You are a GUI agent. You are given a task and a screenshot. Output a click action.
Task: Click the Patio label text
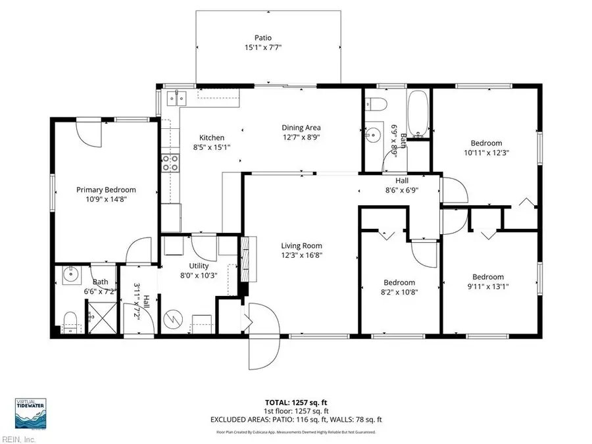(x=263, y=37)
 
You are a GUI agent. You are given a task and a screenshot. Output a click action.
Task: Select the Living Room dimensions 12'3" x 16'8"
(x=302, y=255)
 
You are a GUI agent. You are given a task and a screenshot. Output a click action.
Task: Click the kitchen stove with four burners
(x=170, y=162)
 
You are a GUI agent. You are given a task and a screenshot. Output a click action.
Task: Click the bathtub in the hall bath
(x=418, y=114)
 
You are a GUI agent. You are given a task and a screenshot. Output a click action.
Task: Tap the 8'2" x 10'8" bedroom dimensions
(x=399, y=291)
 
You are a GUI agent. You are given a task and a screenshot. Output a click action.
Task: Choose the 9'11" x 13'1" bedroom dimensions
(x=487, y=286)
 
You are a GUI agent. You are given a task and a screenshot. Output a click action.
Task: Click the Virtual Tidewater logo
(x=30, y=414)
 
